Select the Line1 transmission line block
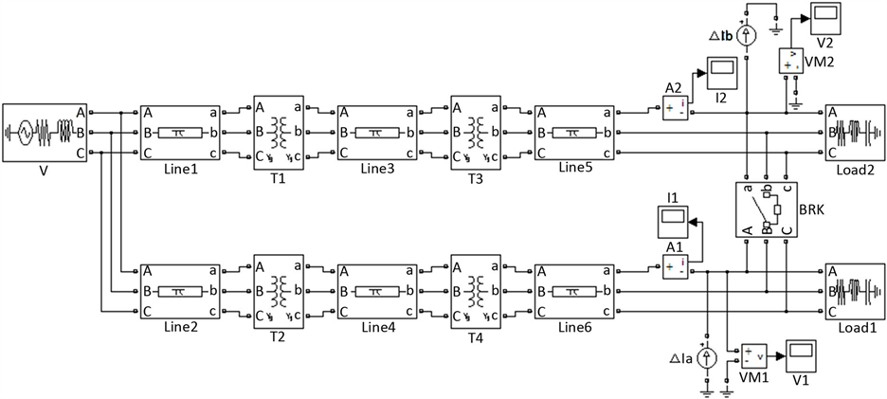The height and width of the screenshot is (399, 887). pyautogui.click(x=180, y=133)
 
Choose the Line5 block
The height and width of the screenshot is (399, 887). pyautogui.click(x=575, y=133)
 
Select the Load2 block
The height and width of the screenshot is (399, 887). pyautogui.click(x=855, y=133)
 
